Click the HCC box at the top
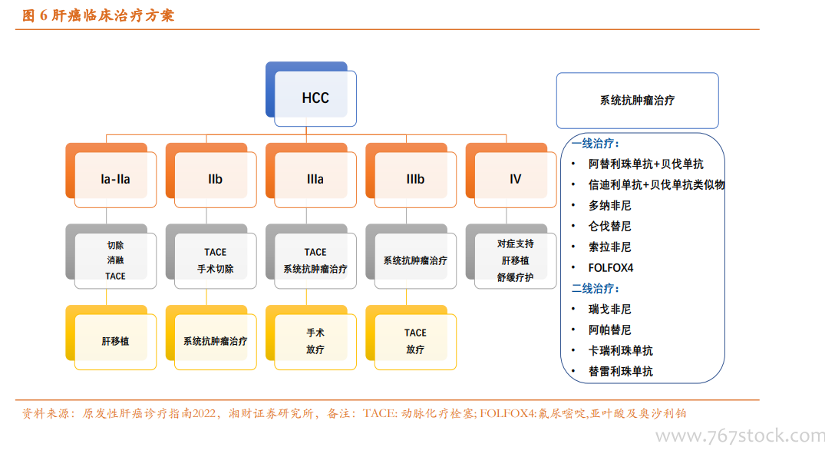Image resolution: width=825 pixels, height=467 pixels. point(311,94)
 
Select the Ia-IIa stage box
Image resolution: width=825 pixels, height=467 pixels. point(111,175)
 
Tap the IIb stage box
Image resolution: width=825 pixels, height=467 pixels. point(211,175)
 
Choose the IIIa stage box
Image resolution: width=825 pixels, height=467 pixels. point(311,175)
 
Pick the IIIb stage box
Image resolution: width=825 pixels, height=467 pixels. point(411,175)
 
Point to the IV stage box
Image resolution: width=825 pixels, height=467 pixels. point(511,175)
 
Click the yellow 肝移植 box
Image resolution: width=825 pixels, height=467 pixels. point(111,337)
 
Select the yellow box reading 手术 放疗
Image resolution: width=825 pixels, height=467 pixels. point(311,337)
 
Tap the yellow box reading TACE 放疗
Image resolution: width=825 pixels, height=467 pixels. point(411,337)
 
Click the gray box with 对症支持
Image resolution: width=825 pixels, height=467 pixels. point(511,257)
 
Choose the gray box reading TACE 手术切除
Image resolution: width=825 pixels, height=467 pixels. point(211,257)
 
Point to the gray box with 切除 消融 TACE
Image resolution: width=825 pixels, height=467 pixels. point(111,257)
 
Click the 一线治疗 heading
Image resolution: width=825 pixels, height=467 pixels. point(596,143)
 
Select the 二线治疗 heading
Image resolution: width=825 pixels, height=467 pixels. point(596,289)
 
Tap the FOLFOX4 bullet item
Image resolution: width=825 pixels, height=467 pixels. point(611,268)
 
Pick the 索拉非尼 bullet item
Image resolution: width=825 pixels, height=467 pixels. point(610,247)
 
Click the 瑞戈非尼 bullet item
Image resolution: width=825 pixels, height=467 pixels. point(610,309)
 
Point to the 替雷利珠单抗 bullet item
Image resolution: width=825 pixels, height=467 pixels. point(621,371)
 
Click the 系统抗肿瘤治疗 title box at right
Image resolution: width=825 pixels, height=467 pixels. point(638,101)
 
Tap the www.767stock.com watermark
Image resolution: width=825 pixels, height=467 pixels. point(740,436)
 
